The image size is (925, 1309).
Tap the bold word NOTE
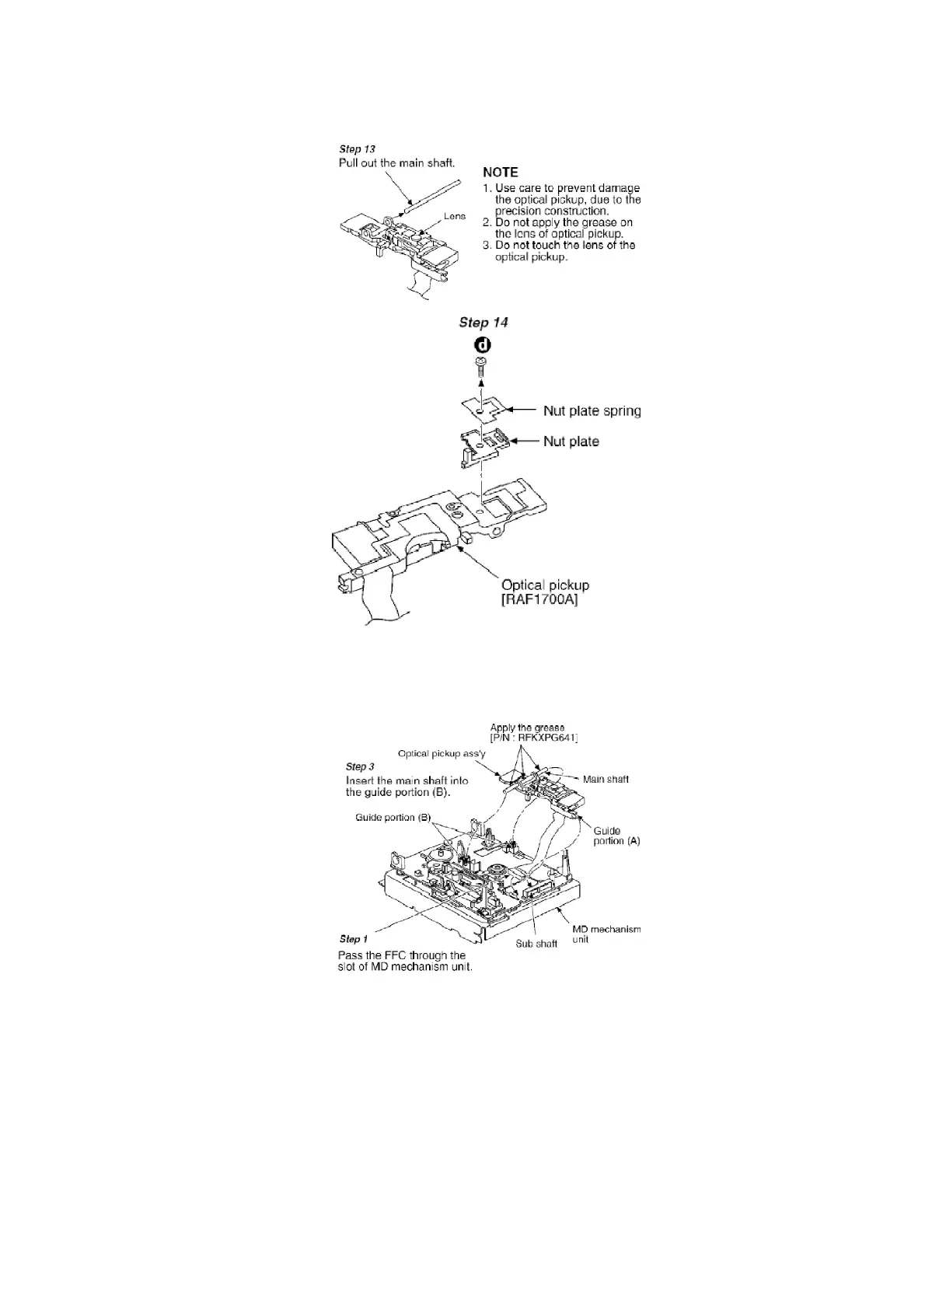(501, 172)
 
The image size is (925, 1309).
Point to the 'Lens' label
(455, 216)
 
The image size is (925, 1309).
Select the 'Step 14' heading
(483, 323)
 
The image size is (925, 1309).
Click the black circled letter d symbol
(481, 346)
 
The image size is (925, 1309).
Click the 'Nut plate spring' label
(592, 410)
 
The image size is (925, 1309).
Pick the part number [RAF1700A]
(539, 601)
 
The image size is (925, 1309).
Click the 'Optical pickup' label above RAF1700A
(545, 585)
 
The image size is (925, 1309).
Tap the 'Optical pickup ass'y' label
(442, 753)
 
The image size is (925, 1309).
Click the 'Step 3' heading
(360, 766)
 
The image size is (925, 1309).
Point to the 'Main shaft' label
(606, 779)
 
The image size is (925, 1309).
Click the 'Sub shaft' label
(536, 944)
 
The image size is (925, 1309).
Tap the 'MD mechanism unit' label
(606, 934)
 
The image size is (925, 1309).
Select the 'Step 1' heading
(354, 939)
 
